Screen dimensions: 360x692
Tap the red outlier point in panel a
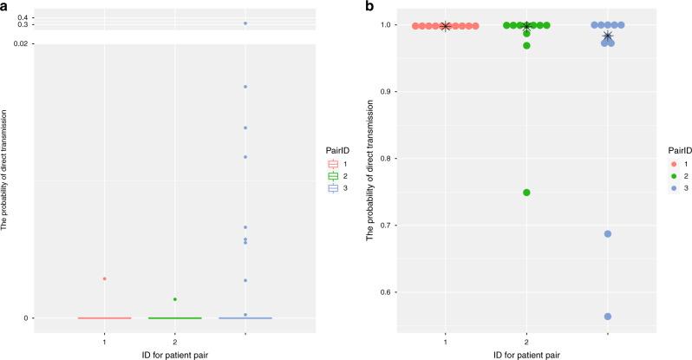[105, 278]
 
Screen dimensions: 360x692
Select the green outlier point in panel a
[175, 299]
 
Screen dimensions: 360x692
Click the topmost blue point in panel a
[245, 23]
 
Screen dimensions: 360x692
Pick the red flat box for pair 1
[105, 317]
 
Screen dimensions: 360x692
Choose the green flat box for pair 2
[175, 317]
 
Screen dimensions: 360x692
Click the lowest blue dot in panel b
[608, 317]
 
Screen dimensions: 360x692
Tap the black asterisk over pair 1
[445, 26]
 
